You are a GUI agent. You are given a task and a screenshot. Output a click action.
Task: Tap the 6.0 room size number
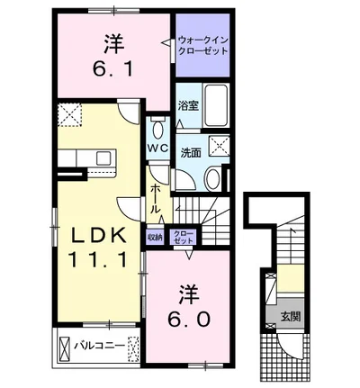pos(187,319)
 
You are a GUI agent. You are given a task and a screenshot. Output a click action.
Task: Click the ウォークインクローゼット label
pos(202,45)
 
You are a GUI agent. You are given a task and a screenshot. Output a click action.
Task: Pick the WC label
pos(157,146)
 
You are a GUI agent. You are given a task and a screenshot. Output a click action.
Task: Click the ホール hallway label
pos(156,197)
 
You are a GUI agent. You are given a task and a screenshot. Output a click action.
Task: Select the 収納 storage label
pos(155,238)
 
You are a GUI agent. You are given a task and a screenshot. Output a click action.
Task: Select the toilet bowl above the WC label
pos(157,124)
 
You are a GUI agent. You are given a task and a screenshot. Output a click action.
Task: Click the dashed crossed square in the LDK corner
pos(68,116)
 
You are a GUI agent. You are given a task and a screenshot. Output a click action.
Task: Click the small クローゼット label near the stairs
pos(183,238)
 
